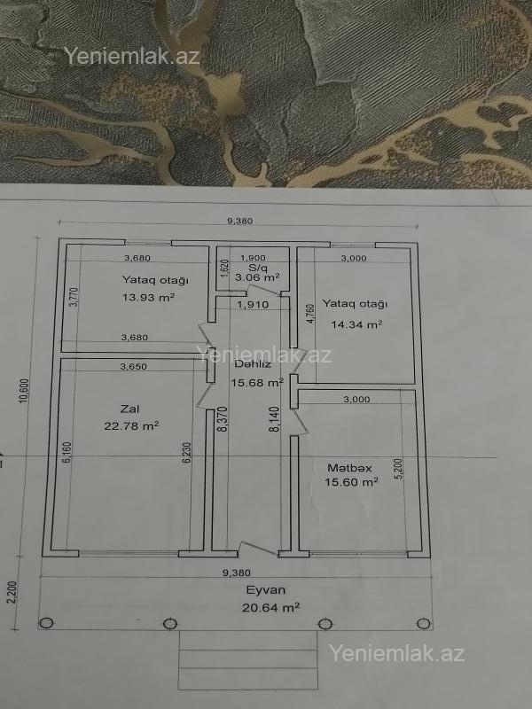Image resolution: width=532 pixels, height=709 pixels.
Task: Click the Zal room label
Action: click(129, 409)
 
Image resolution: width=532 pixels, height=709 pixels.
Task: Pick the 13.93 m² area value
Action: click(148, 297)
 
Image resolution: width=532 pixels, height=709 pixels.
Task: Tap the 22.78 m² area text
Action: click(131, 426)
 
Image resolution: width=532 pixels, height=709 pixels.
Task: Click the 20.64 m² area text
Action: click(270, 607)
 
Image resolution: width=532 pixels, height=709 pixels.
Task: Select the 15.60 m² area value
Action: click(351, 482)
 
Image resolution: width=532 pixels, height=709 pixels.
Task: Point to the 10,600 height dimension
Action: click(24, 391)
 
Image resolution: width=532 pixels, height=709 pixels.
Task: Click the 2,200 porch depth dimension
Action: click(12, 592)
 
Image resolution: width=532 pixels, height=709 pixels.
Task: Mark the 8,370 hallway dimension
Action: click(223, 418)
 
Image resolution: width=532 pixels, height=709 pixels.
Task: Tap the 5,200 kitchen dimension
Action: click(398, 469)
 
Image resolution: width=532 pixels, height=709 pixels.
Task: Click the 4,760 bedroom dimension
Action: click(309, 313)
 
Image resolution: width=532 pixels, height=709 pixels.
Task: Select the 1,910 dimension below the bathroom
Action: click(253, 305)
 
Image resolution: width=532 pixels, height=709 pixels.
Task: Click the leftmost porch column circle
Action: click(46, 623)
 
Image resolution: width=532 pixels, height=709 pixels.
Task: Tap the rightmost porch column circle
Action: click(424, 624)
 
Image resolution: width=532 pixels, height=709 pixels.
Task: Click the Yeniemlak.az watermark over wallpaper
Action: click(131, 56)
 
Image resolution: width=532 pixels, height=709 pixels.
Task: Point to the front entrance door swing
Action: click(258, 548)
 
